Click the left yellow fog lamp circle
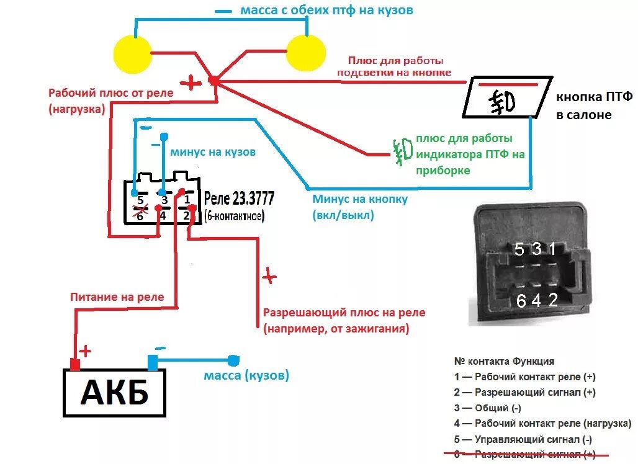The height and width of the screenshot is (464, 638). tap(133, 54)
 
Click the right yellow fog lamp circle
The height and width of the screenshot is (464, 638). tap(305, 52)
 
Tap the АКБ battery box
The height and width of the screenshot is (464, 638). tap(115, 393)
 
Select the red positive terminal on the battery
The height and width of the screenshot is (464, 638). tap(75, 364)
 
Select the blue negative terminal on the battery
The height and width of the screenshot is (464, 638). tap(153, 362)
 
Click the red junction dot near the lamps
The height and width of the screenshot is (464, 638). tap(213, 81)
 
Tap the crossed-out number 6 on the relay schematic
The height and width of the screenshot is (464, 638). tap(140, 215)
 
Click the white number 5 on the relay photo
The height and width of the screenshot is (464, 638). tap(520, 249)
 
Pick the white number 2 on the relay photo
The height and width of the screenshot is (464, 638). tap(553, 300)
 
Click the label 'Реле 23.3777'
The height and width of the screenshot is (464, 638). tap(239, 199)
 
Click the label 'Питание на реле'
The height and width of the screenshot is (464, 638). tap(117, 297)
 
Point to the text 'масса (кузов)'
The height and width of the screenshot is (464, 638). tap(246, 376)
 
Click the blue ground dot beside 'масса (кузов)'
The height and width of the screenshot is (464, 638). tap(233, 360)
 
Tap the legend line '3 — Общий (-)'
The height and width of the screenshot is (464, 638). tap(488, 408)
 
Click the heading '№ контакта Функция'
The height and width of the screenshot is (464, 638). tap(504, 361)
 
